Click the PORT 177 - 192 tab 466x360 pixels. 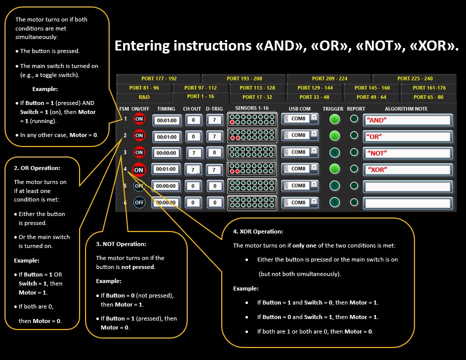[x=159, y=78]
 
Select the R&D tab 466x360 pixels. [x=144, y=97]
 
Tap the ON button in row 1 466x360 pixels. [x=139, y=119]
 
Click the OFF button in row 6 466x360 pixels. [x=139, y=202]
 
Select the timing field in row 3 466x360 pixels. [x=166, y=152]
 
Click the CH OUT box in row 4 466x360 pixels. [x=193, y=169]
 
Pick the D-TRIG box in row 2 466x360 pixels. [x=215, y=136]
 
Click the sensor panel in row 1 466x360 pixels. [x=252, y=119]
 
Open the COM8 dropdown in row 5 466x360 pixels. [x=314, y=185]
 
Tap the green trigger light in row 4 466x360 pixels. [x=335, y=169]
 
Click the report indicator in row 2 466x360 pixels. [x=354, y=135]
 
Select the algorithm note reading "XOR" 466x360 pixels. [x=408, y=169]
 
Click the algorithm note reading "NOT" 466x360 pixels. [x=408, y=152]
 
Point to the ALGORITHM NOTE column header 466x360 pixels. [x=406, y=108]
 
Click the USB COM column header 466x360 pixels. [x=300, y=108]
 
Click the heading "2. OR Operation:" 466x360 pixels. [x=37, y=168]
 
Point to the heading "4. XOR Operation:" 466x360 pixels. [x=258, y=231]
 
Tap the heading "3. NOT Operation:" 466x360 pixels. [x=121, y=244]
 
